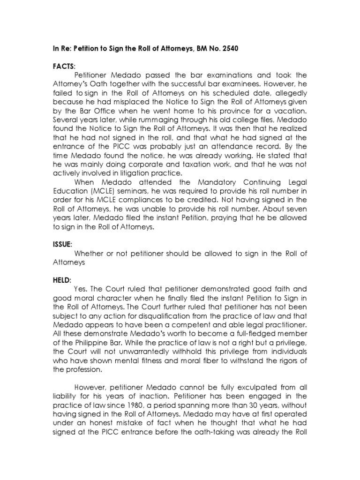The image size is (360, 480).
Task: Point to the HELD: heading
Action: [x=62, y=280]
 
